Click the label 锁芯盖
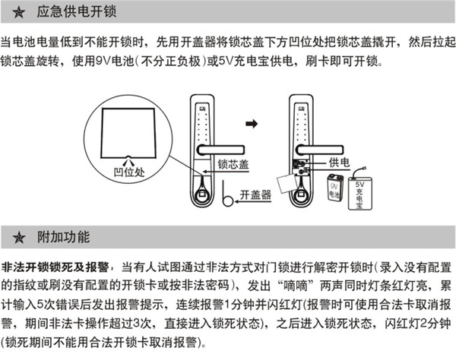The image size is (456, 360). point(233,163)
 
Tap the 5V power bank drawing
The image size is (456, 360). point(361,192)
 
